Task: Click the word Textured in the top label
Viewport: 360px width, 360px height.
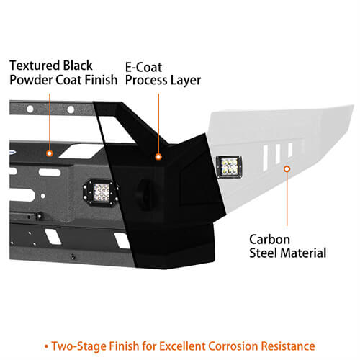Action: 35,66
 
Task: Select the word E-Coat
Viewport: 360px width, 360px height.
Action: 143,67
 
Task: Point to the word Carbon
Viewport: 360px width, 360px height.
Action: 269,239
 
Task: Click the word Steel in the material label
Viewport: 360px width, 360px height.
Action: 264,253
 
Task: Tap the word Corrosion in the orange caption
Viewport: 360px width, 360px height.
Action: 233,346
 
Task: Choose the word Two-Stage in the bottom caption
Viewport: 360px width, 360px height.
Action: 79,346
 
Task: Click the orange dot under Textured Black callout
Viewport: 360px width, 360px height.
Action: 50,153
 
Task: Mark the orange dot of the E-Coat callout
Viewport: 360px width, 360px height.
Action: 158,157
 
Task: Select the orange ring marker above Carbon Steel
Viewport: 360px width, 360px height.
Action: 287,169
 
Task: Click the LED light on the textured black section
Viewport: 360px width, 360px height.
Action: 100,192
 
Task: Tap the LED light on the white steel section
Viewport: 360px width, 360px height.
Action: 229,166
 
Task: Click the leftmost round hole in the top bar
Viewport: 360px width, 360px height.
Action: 30,109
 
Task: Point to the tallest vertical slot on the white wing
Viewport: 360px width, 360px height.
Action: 265,158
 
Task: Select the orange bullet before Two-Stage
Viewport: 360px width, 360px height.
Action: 46,346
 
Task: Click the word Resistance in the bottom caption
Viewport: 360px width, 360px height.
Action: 288,346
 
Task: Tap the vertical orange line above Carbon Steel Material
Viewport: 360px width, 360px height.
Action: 287,199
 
